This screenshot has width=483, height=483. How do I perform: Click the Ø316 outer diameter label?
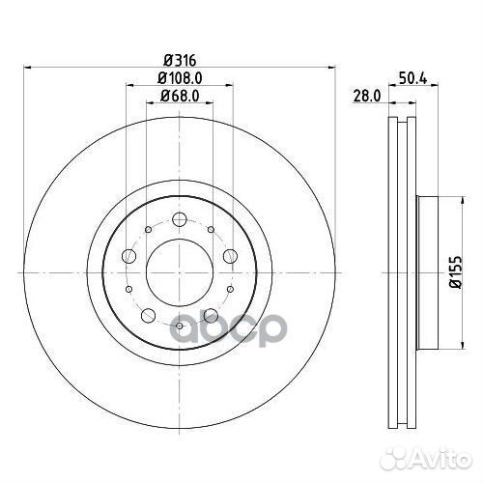(x=180, y=60)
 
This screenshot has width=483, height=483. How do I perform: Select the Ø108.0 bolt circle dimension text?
(x=180, y=78)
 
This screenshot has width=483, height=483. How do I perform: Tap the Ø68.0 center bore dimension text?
(x=180, y=96)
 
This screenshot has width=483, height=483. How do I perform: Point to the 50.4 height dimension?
(x=413, y=78)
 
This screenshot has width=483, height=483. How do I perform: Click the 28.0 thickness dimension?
(x=367, y=96)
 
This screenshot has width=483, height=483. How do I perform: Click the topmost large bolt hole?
(x=180, y=219)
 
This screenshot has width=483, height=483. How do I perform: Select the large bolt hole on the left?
(x=129, y=256)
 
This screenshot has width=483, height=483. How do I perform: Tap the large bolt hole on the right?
(x=230, y=256)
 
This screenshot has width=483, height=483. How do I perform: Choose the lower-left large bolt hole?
(x=149, y=315)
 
